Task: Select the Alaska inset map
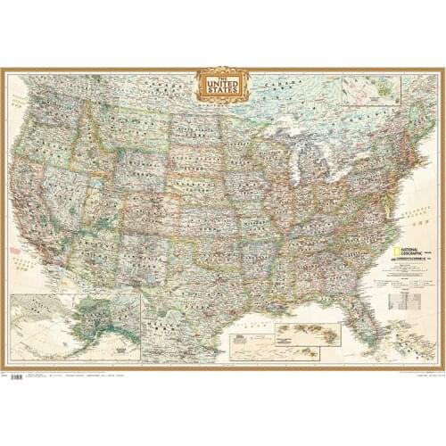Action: (x=76, y=326)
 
